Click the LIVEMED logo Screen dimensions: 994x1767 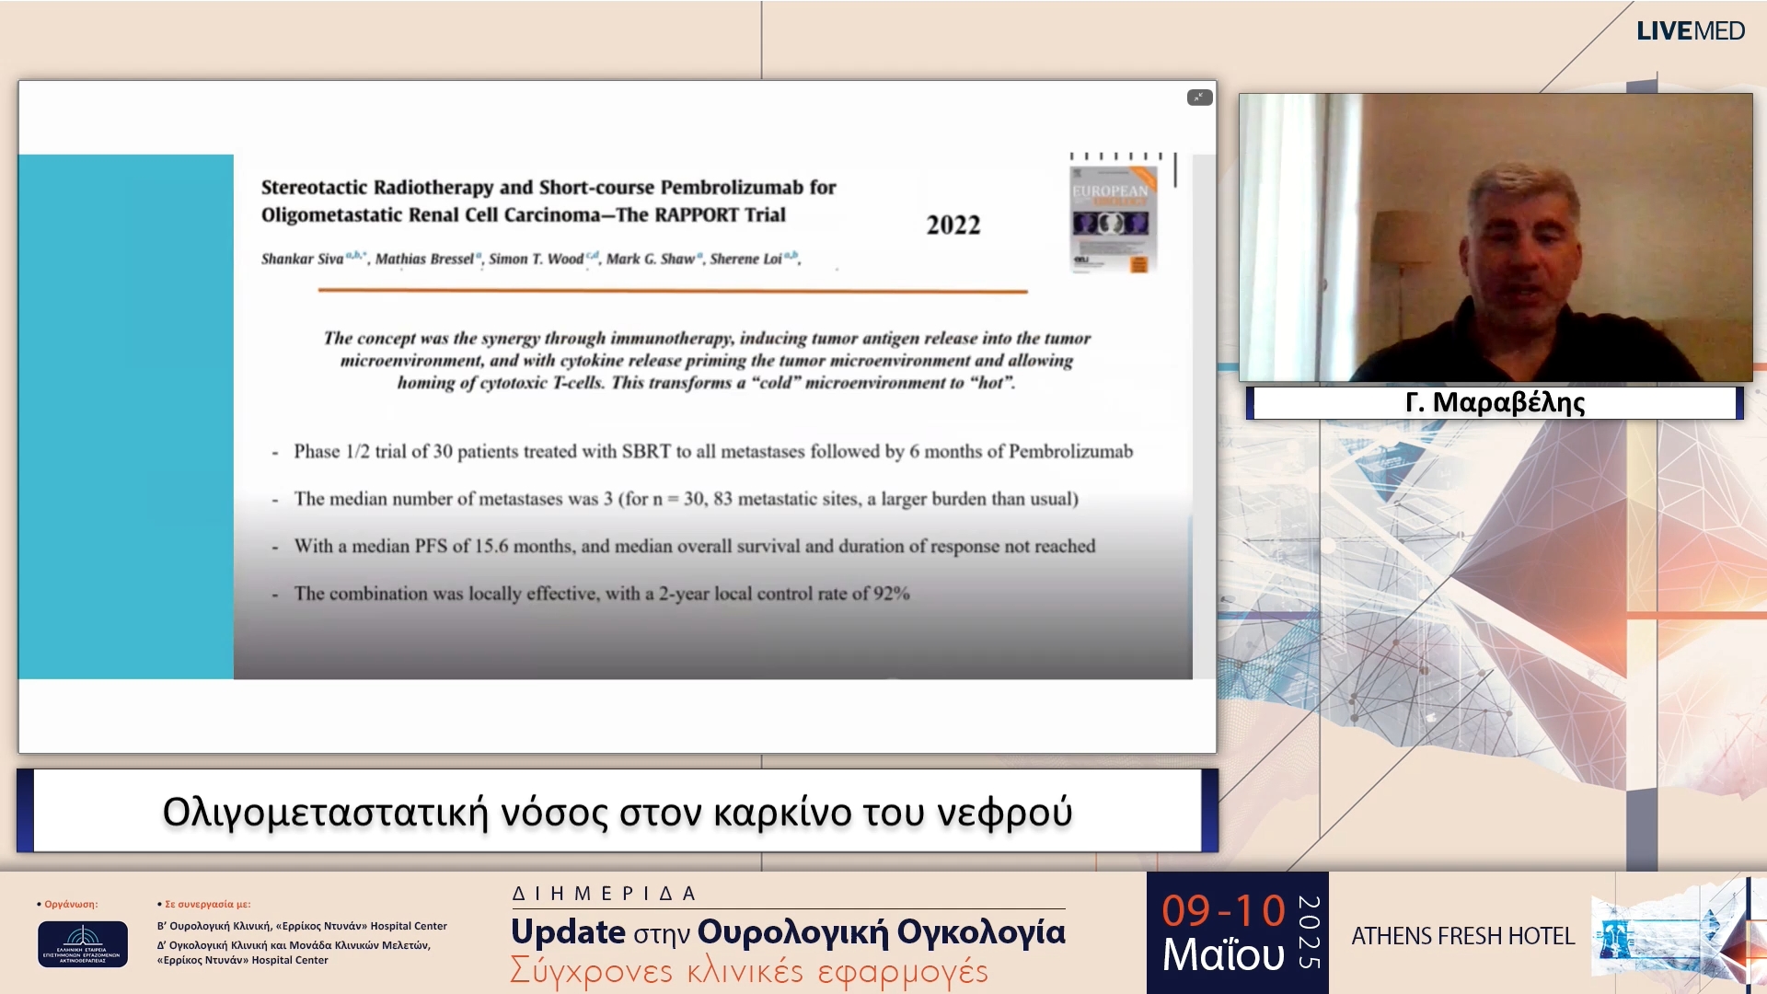tap(1690, 31)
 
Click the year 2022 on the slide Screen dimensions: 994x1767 tap(953, 225)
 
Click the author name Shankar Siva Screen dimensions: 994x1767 tap(303, 260)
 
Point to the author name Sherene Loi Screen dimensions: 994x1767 tap(745, 260)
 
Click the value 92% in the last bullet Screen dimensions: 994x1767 tap(891, 594)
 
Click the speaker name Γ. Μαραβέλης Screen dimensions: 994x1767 tap(1495, 403)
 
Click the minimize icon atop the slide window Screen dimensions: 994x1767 tap(1199, 98)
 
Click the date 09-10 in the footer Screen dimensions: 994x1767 tap(1223, 911)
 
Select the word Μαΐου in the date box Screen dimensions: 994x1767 tap(1223, 955)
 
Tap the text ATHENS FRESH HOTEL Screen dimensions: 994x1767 tap(1462, 937)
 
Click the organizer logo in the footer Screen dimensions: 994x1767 tap(83, 943)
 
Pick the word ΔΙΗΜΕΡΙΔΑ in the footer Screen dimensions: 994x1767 tap(605, 894)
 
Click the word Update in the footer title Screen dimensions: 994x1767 tap(568, 932)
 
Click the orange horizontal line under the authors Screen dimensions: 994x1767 tap(672, 291)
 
